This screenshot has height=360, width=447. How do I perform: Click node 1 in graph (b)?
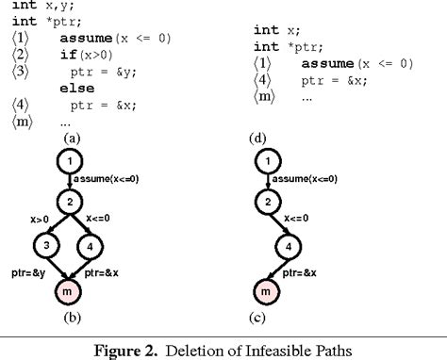[x=70, y=163]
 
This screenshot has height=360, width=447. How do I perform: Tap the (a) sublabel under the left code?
[x=70, y=137]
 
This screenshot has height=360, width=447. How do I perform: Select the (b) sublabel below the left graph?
[x=70, y=319]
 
